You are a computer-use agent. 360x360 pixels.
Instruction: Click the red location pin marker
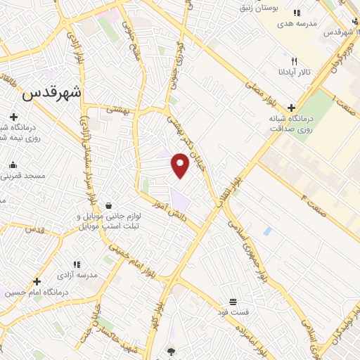click(x=181, y=165)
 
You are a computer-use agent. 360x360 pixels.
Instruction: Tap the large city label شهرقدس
click(x=52, y=93)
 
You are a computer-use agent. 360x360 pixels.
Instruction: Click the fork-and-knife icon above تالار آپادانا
click(x=295, y=61)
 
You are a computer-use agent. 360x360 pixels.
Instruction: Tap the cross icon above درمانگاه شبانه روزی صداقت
click(x=291, y=108)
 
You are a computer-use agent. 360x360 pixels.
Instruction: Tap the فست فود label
click(x=232, y=311)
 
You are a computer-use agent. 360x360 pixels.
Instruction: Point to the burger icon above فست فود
click(x=233, y=302)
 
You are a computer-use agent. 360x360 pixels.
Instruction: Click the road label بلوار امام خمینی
click(x=133, y=259)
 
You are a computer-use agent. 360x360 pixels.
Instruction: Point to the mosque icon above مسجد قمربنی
click(x=13, y=166)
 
